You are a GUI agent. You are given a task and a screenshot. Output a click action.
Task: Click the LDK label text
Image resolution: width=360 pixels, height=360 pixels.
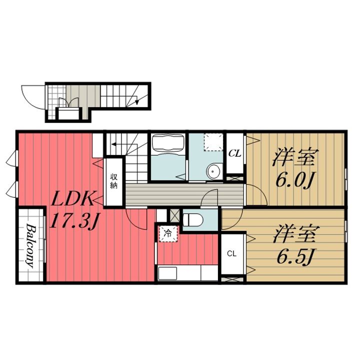click(72, 198)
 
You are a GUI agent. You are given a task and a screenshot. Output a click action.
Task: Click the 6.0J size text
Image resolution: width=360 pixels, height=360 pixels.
click(294, 179)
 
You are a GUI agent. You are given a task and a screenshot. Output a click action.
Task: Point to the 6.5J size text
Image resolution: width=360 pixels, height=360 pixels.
click(295, 256)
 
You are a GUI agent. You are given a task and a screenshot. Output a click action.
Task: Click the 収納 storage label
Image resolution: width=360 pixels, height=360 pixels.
click(113, 181)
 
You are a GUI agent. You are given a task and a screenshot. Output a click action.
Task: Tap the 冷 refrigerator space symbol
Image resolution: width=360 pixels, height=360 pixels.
click(168, 233)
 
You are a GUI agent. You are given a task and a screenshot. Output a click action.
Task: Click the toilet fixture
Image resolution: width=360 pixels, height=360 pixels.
click(193, 220)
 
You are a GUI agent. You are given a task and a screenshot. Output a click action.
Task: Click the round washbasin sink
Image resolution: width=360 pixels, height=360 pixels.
click(214, 171)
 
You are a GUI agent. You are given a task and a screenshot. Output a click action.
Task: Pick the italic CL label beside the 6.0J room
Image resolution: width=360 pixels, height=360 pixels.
click(234, 153)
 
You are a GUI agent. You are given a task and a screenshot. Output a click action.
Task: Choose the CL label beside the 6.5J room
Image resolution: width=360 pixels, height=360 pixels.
click(231, 253)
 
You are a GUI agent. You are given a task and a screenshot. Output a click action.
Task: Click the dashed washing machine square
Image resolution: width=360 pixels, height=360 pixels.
click(213, 142)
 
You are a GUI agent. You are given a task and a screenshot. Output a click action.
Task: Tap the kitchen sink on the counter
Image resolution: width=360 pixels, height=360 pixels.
click(167, 273)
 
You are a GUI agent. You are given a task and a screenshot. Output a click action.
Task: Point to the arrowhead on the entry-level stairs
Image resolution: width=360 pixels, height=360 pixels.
click(137, 102)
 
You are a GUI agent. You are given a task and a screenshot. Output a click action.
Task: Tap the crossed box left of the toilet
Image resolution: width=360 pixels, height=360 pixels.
click(174, 215)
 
